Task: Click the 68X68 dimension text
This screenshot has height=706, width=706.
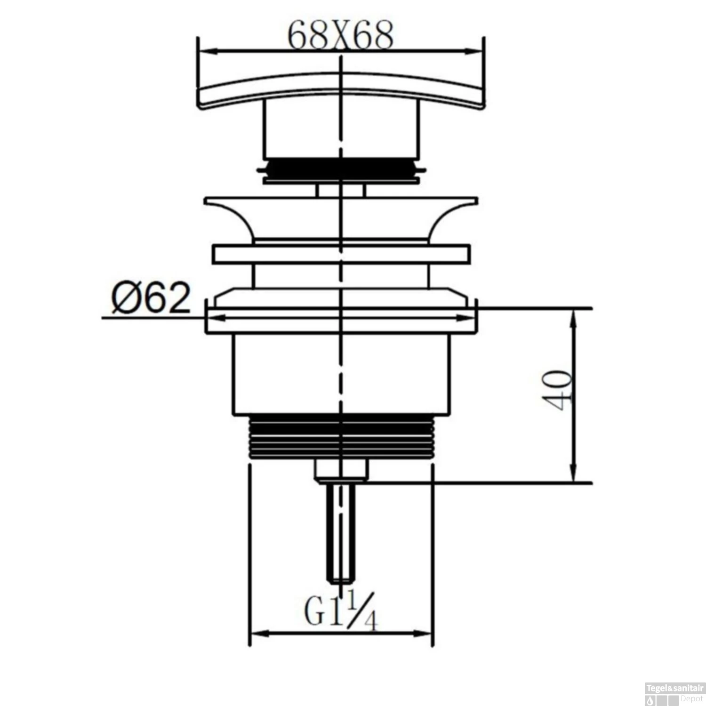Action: click(340, 36)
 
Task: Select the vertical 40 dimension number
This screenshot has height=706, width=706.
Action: click(558, 390)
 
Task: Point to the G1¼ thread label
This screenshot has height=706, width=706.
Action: click(341, 611)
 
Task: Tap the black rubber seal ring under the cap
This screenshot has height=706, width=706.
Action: click(341, 168)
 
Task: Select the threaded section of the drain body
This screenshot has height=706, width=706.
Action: click(341, 438)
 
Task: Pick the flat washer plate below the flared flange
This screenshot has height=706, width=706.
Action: click(341, 254)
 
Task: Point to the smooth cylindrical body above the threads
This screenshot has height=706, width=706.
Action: click(341, 374)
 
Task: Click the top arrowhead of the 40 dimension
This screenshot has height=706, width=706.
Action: click(574, 314)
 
